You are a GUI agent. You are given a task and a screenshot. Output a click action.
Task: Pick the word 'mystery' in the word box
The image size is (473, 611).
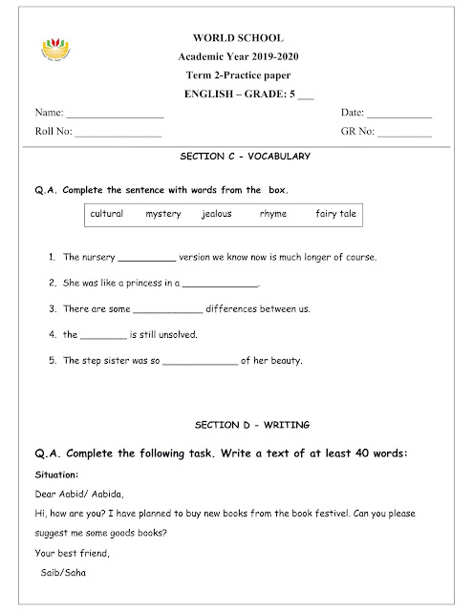(162, 214)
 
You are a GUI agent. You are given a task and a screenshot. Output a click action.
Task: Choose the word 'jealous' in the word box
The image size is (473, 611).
(216, 214)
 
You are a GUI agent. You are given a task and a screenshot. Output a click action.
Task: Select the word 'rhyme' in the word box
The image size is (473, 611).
(272, 214)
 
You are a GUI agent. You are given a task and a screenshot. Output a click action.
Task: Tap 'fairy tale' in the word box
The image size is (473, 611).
(335, 214)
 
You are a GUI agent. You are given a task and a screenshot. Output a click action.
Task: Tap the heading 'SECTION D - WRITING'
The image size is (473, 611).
(238, 422)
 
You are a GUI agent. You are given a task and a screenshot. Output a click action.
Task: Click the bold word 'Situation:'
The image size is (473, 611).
(55, 474)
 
